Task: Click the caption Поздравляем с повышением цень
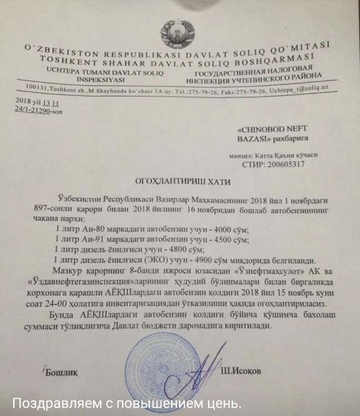[127, 402]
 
